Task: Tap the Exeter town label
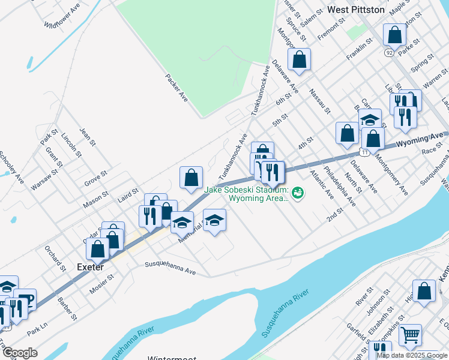[x=89, y=266]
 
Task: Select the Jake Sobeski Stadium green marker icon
[x=297, y=193]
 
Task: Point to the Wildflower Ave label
[x=62, y=18]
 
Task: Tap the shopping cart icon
[x=410, y=335]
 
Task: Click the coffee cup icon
[x=25, y=299]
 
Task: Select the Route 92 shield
[x=390, y=53]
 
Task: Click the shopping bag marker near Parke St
[x=395, y=35]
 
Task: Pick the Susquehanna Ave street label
[x=170, y=268]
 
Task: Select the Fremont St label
[x=332, y=31]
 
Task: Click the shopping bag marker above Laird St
[x=191, y=178]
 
